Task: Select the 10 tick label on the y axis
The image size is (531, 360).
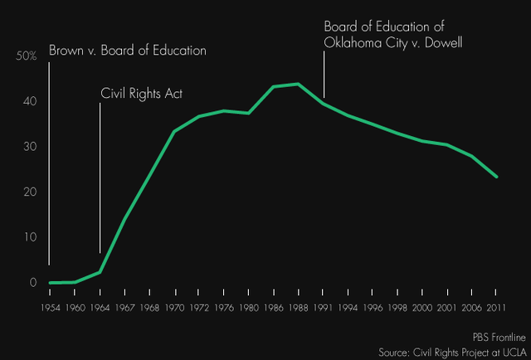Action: (x=30, y=237)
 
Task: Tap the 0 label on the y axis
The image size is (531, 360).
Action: (x=33, y=283)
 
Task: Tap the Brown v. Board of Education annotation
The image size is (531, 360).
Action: (x=127, y=51)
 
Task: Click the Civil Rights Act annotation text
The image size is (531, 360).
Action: (x=141, y=93)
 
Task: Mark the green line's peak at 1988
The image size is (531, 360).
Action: (x=298, y=84)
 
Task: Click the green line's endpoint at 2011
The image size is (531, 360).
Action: (x=496, y=177)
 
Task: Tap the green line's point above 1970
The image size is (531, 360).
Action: (x=174, y=131)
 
